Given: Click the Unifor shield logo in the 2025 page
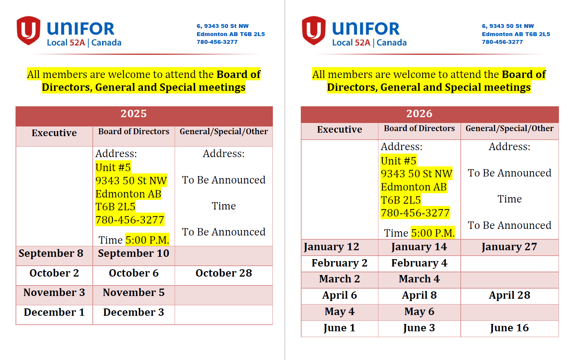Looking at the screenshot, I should tap(28, 30).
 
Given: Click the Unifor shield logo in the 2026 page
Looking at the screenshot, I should tap(314, 30).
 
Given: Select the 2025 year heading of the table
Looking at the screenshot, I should tap(134, 114).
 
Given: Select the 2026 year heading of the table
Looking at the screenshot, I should tap(419, 114).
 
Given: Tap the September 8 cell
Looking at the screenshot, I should tap(51, 253).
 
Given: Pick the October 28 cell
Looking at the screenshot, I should tap(224, 273).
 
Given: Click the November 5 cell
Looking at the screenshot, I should tap(134, 292).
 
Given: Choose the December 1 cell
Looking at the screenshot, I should tap(54, 312).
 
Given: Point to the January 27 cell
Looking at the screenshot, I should tap(509, 247).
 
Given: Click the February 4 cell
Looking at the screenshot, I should tap(419, 263).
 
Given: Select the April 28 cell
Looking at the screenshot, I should tap(509, 295).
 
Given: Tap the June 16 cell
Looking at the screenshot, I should tap(509, 328).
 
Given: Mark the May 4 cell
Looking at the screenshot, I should tap(340, 312).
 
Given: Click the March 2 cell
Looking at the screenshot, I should tap(340, 279).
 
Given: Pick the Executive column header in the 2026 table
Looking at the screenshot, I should tap(340, 130).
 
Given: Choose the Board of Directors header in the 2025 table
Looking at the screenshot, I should tap(134, 132).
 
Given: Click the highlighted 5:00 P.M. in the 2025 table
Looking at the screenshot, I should tap(147, 240).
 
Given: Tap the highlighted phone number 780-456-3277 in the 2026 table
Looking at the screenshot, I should tap(415, 213).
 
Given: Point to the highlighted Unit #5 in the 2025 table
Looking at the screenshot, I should tap(113, 168).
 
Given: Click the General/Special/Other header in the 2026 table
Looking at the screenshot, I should tap(509, 128).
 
